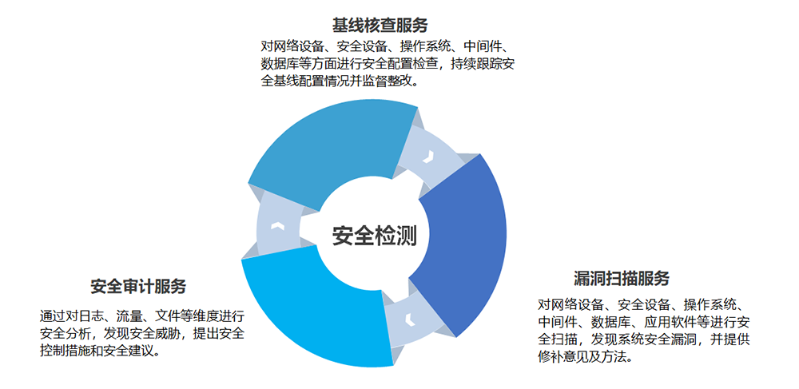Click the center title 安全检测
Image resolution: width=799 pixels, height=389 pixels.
(x=375, y=236)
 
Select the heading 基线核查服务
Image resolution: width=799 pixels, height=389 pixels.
(x=380, y=25)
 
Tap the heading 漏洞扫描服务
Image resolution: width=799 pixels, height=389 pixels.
(x=621, y=279)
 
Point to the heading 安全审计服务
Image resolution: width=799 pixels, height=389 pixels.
(x=138, y=286)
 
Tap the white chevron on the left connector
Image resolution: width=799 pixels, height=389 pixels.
(x=277, y=226)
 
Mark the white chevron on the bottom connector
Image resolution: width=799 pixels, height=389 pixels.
(x=408, y=320)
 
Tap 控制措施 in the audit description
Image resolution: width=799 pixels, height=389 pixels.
(x=66, y=351)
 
